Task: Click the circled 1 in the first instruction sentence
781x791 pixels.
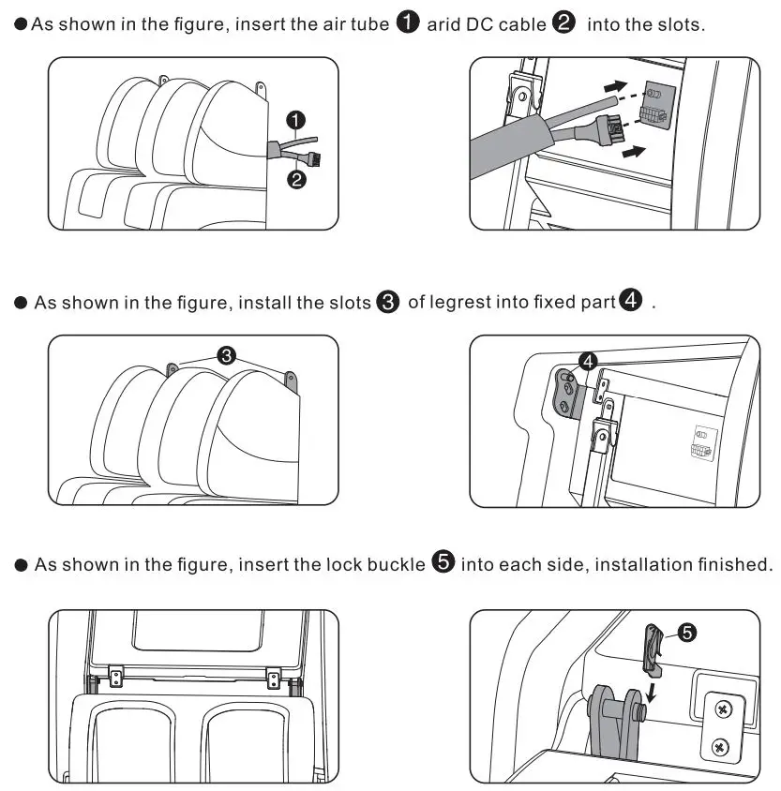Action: tap(408, 23)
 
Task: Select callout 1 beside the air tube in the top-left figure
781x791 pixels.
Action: tap(296, 120)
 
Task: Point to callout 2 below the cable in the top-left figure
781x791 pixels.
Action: tap(296, 180)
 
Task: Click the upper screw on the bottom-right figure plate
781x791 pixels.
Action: tap(722, 709)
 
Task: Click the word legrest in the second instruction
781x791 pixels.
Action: tap(461, 303)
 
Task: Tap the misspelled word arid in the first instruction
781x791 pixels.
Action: tap(444, 24)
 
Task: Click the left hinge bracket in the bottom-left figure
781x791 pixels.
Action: tap(115, 675)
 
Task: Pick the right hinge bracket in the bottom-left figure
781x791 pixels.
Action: tap(274, 675)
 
